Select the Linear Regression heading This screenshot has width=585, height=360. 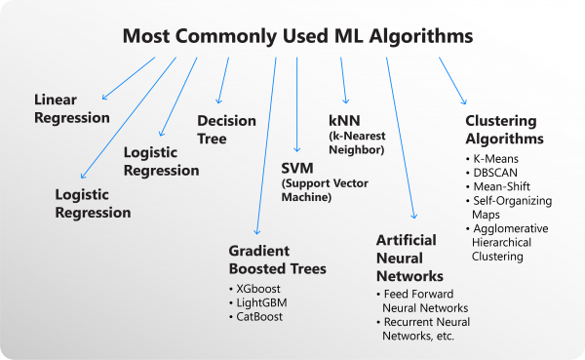[x=72, y=108]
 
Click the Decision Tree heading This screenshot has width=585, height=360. [x=226, y=130]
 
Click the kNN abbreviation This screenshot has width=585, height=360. [x=346, y=120]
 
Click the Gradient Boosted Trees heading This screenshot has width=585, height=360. [x=277, y=260]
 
